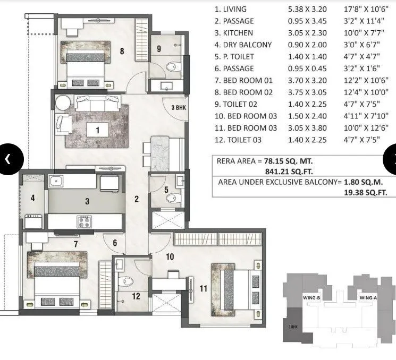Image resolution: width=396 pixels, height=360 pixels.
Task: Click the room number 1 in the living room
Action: (97, 128)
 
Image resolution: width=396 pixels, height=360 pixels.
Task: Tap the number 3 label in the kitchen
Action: (87, 201)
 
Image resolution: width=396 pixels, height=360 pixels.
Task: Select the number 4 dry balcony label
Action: (33, 198)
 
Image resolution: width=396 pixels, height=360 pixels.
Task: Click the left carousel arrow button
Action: (8, 158)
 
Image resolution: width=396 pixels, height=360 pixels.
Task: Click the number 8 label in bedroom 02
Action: (122, 52)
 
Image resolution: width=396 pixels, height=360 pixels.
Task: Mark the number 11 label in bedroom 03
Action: (203, 289)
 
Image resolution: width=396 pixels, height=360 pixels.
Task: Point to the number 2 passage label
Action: (136, 199)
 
